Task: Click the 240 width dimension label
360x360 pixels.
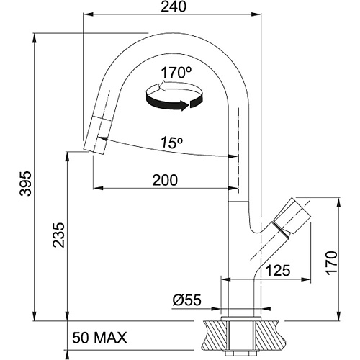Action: (174, 6)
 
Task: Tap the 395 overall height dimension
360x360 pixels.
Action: (25, 184)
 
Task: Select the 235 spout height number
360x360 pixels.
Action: (59, 235)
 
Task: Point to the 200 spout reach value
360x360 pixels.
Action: (165, 180)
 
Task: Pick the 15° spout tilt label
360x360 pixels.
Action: (172, 143)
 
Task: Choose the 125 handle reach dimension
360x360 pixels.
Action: (279, 271)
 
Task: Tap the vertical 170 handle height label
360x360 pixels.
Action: (331, 263)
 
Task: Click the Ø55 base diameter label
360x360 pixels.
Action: (186, 300)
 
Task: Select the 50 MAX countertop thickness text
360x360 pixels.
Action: (99, 338)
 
